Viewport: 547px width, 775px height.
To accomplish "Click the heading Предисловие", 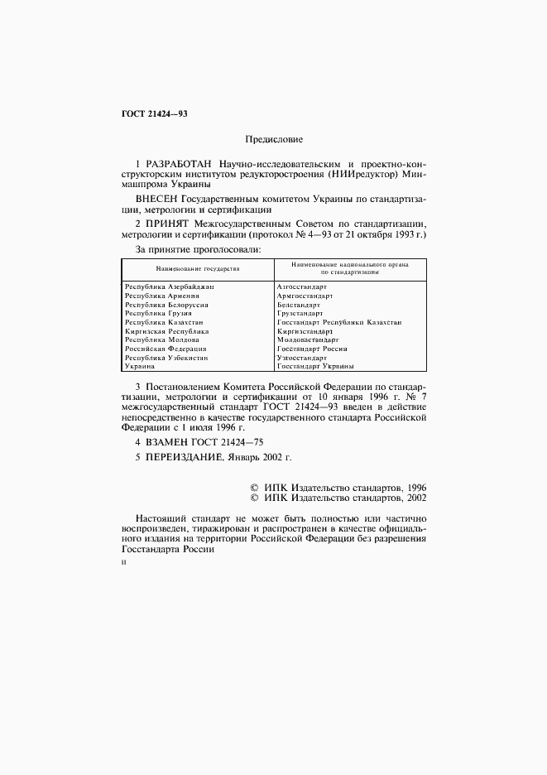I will click(x=273, y=141).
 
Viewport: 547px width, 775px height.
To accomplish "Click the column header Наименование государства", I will click(x=197, y=269).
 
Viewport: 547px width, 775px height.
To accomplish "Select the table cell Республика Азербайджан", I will click(x=168, y=286).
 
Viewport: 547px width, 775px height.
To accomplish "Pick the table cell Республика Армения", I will click(x=161, y=296).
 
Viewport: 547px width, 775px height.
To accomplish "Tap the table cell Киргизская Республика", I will click(x=166, y=331).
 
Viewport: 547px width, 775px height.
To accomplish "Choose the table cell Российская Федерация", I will click(x=165, y=349).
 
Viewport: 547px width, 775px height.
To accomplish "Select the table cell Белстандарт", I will click(x=299, y=305).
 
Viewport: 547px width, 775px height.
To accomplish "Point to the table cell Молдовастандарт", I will click(x=308, y=339).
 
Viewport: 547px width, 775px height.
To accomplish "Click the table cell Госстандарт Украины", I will click(x=315, y=366).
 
